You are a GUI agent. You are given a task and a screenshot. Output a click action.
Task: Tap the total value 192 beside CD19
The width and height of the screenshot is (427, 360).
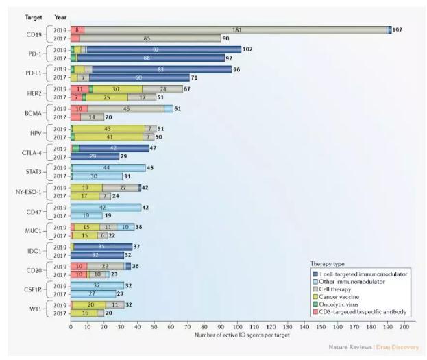click(399, 30)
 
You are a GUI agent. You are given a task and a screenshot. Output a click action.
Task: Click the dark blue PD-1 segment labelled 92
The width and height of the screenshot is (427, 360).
click(156, 49)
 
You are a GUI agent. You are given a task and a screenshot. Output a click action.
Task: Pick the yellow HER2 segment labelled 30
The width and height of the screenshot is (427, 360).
click(117, 89)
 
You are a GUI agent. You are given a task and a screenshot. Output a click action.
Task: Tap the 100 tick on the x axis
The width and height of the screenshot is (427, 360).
click(238, 327)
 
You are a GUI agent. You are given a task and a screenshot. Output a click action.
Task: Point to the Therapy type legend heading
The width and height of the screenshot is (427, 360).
click(328, 263)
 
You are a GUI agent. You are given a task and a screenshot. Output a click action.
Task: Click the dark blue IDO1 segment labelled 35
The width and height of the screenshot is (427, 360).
click(101, 246)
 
